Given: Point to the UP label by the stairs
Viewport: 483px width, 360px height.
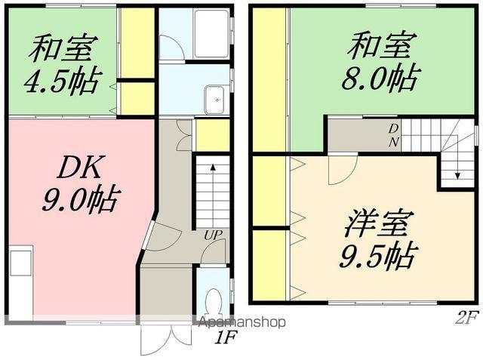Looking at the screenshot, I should pyautogui.click(x=212, y=235).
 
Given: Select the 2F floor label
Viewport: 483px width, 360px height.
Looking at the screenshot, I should pyautogui.click(x=466, y=318).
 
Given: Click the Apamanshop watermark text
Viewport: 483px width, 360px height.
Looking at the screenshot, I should pyautogui.click(x=241, y=322).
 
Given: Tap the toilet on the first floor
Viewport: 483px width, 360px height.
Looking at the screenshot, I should pyautogui.click(x=213, y=302).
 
